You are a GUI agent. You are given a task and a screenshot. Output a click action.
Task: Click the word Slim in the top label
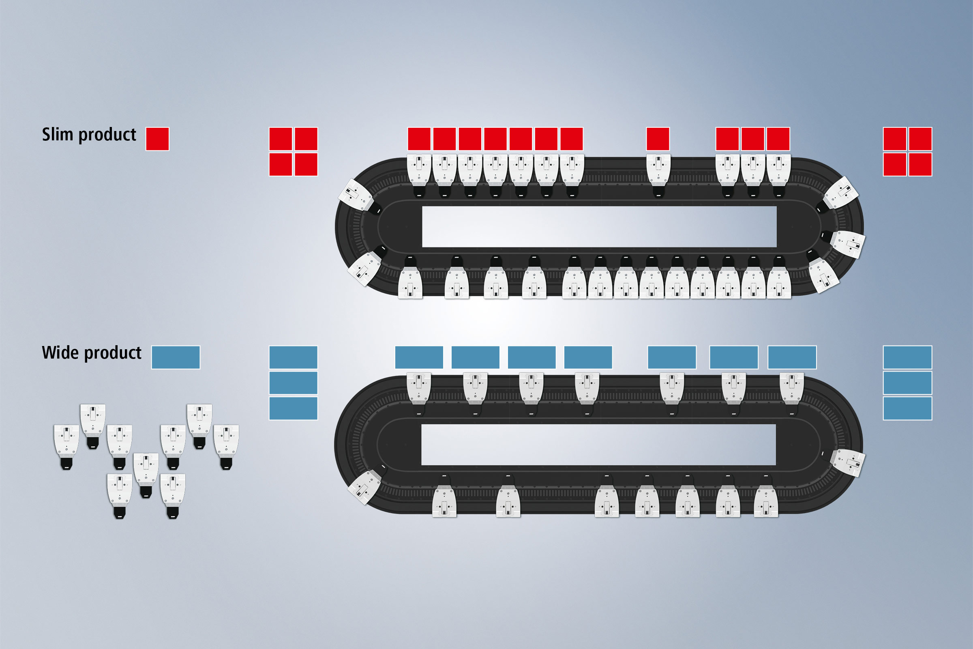point(57,135)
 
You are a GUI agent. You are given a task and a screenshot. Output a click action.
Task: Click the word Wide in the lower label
point(60,352)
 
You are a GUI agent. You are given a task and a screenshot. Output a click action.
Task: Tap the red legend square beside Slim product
point(157,139)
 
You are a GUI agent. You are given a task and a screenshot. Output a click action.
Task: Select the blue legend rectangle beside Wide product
point(176,357)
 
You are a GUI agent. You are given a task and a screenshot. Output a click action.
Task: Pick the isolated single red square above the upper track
point(658,139)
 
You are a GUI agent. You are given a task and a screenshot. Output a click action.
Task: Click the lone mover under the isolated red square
point(658,176)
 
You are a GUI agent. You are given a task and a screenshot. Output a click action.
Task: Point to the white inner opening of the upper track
point(599,226)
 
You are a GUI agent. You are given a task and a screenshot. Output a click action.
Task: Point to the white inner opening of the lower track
point(598,445)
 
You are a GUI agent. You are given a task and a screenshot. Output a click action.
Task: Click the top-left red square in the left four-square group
point(281,139)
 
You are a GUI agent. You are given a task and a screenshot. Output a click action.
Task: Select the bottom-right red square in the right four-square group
point(920,164)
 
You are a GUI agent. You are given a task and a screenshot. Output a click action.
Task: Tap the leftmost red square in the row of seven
point(419,139)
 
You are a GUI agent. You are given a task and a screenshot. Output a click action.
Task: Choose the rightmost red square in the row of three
point(778,139)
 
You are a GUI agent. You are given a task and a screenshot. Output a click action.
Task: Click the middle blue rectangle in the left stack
point(293,383)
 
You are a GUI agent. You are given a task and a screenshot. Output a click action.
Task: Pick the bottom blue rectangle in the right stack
point(908,408)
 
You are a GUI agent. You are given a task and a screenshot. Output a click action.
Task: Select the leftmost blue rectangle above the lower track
point(419,357)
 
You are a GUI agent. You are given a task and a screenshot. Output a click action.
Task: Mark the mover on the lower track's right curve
point(846,462)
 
